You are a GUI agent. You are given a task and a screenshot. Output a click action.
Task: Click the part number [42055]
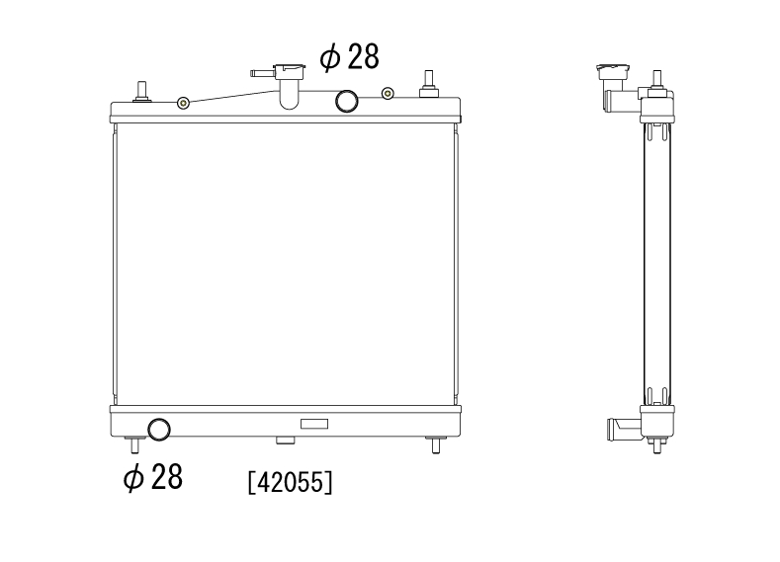click(290, 482)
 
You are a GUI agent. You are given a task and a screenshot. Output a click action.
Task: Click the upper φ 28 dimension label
click(349, 56)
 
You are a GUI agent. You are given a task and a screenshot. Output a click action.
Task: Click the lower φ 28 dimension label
click(153, 477)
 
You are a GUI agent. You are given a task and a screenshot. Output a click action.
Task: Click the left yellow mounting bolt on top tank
click(184, 104)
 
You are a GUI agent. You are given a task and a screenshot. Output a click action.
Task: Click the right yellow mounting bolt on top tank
click(388, 93)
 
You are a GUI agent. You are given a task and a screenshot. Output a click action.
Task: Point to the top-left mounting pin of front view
click(141, 92)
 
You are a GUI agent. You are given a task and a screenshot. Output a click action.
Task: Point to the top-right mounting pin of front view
click(428, 84)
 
